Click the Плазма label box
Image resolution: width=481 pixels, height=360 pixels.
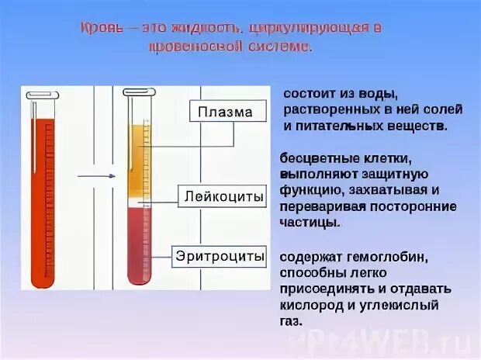point(225,112)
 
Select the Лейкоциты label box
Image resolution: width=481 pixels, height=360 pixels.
point(223,196)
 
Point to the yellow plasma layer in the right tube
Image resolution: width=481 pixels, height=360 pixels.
point(137,163)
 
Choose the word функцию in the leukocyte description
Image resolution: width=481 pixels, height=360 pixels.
point(309,190)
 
